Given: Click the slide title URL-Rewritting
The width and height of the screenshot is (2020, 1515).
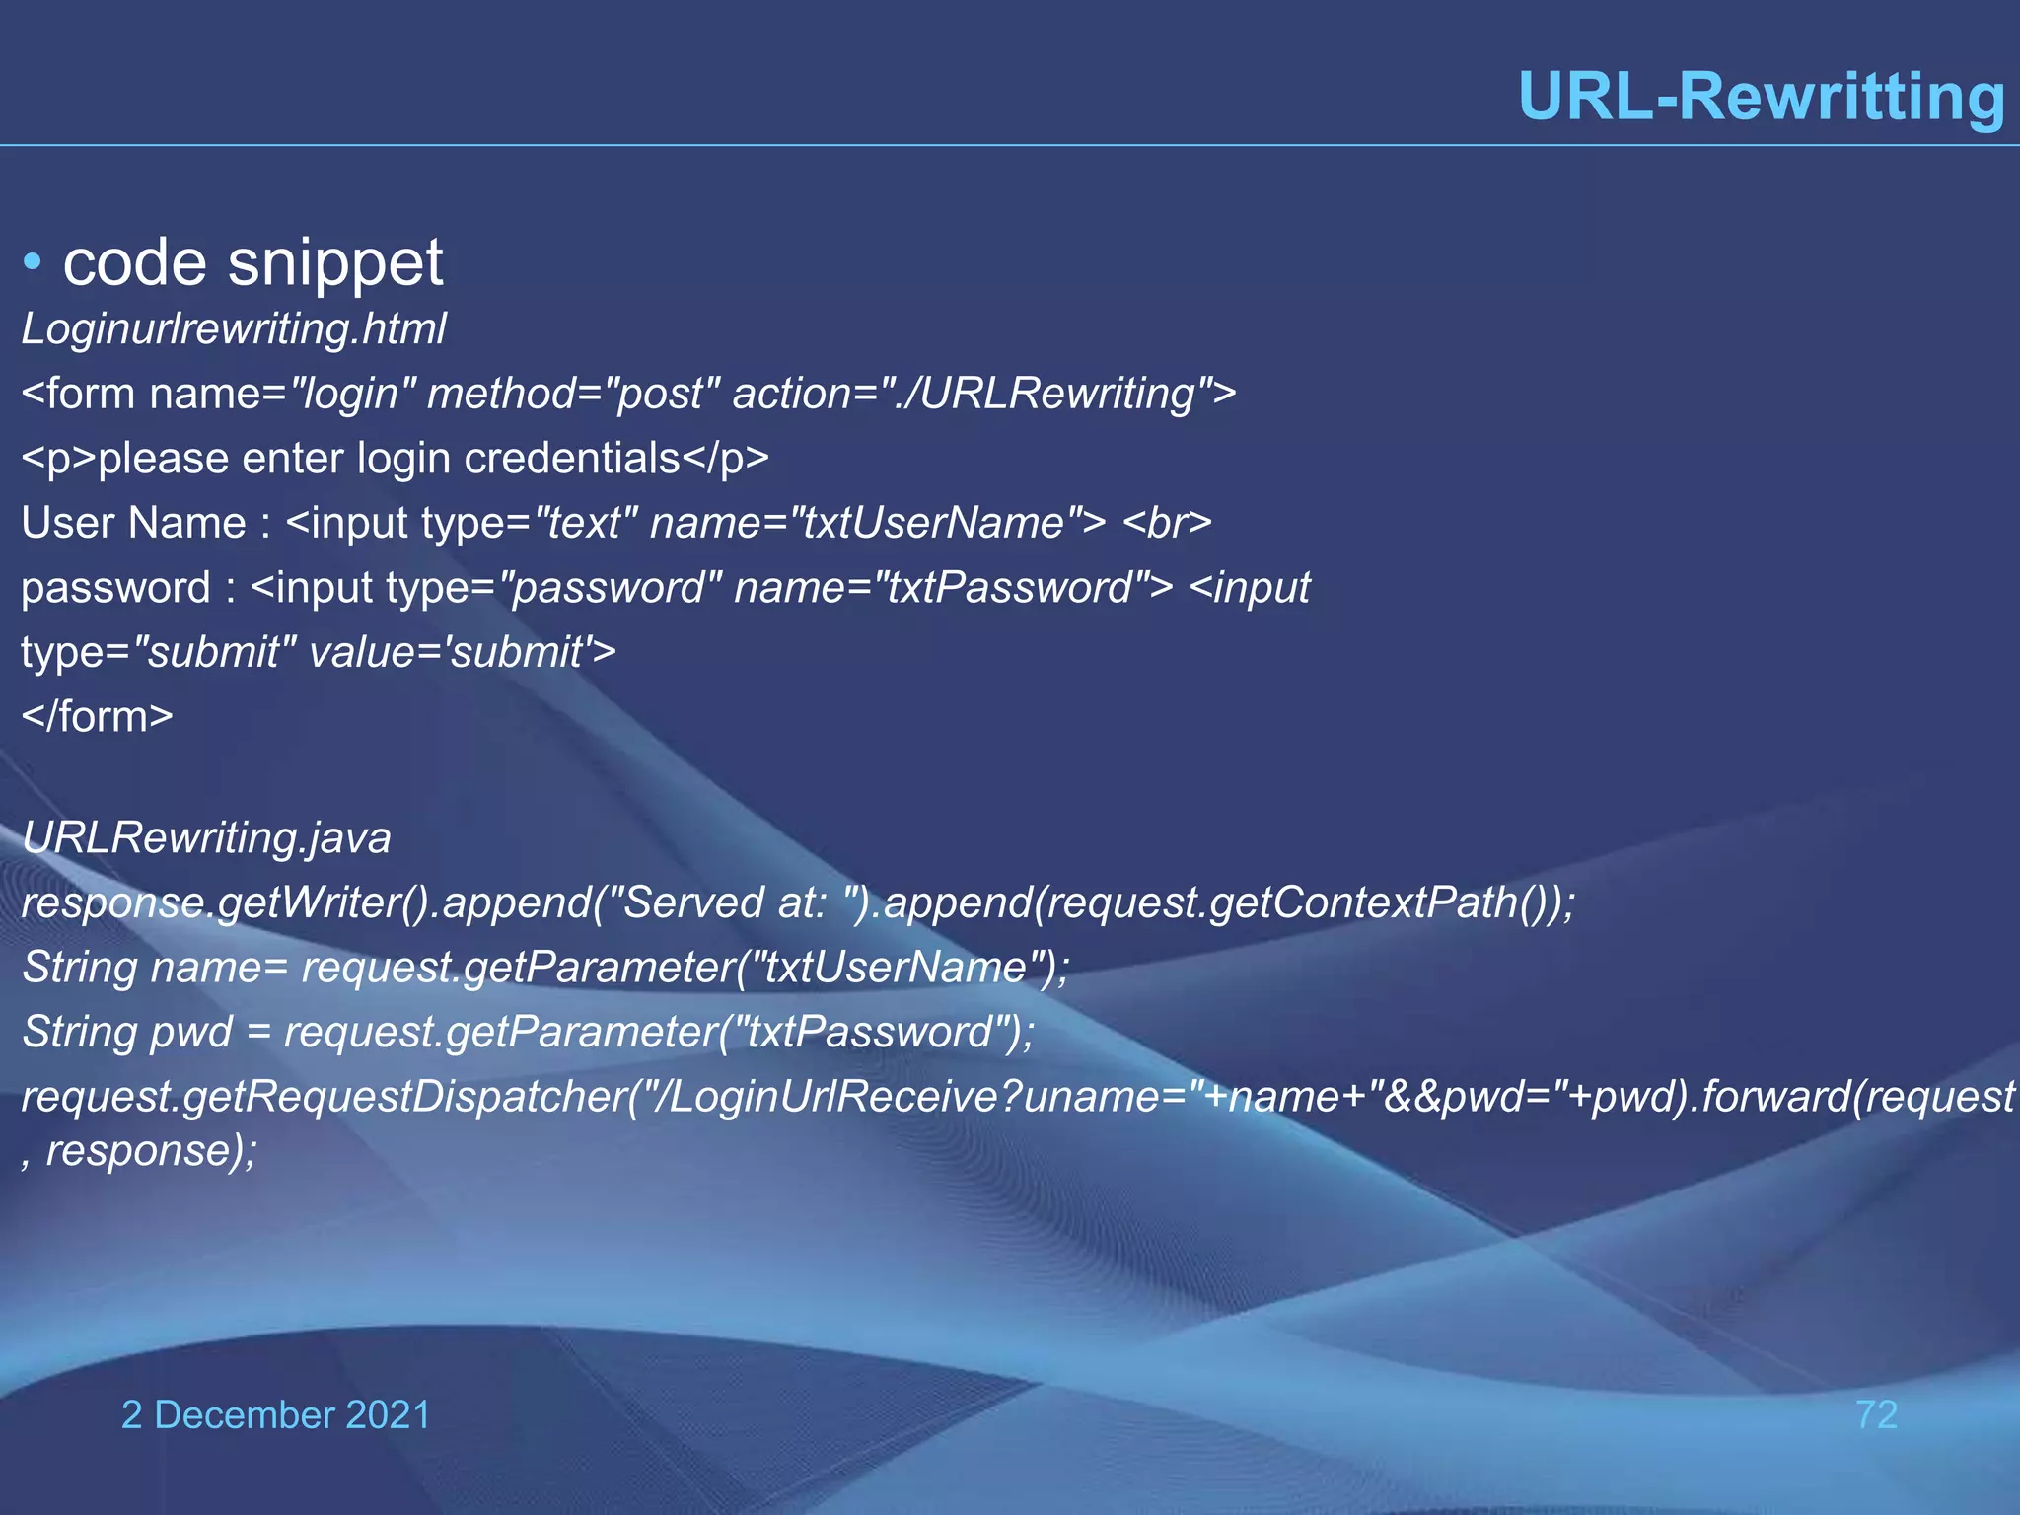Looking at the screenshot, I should (1762, 97).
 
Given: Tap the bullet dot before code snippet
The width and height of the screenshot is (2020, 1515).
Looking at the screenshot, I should (33, 263).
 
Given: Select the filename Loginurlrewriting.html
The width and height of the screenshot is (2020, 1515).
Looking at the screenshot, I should (234, 328).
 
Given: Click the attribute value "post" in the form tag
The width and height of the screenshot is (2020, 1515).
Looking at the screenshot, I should (658, 394).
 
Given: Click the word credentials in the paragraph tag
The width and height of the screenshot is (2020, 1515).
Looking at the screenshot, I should (572, 459).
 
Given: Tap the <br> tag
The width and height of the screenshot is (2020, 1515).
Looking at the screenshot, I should (1167, 523).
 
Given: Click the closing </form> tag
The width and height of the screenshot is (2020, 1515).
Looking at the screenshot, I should (97, 717).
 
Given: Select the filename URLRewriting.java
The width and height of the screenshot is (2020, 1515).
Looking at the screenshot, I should (206, 838).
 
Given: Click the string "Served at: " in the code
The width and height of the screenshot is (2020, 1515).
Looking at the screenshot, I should (736, 902).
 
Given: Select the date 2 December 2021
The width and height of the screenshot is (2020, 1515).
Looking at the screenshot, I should (275, 1415).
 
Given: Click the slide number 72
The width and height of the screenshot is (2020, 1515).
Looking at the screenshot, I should (1876, 1415).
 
